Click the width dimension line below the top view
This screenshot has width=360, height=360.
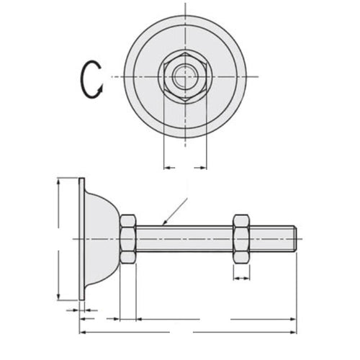(186, 168)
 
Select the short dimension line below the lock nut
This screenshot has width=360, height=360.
(242, 278)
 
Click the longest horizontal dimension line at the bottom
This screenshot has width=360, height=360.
(187, 332)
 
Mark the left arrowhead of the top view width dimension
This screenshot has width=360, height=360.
(167, 168)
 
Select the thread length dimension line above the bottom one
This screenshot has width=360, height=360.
(216, 318)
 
